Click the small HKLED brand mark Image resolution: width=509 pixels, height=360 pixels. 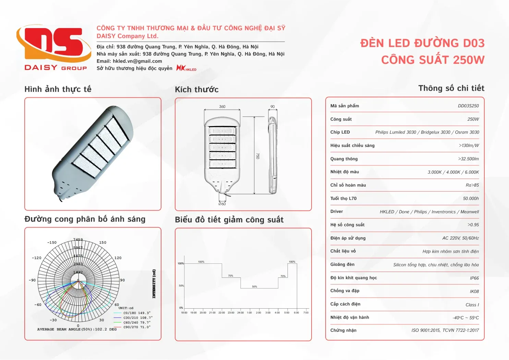coord(186,68)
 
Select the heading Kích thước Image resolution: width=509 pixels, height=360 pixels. coord(197,89)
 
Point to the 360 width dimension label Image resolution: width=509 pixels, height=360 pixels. coord(222,107)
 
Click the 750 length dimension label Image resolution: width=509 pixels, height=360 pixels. coord(258,156)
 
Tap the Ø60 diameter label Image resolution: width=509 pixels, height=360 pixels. coord(222,204)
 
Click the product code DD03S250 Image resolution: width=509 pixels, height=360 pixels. coord(468,106)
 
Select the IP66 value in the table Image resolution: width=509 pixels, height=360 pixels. coord(474,278)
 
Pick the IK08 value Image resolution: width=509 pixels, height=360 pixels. coord(474,291)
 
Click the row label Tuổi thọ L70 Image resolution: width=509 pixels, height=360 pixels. coord(343,198)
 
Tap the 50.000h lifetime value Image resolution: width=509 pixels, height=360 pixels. coord(471,198)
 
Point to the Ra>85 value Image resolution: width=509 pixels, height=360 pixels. coord(472,185)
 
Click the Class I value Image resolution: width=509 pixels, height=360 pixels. coord(472,305)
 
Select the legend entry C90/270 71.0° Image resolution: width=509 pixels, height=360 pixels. coord(137,327)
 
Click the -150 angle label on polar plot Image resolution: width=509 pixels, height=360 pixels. coord(52,243)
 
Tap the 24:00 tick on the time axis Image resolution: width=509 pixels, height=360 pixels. coord(240,312)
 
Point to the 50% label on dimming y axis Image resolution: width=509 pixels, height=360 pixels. coord(181,286)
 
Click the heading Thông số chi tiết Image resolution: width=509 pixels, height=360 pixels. coord(451,88)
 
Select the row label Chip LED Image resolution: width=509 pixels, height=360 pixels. coord(340,132)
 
